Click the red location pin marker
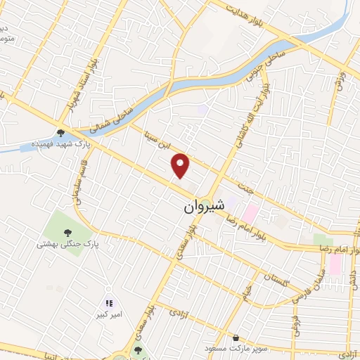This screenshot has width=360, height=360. point(181,165)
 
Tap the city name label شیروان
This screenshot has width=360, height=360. point(204,207)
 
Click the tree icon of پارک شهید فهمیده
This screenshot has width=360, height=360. point(61,131)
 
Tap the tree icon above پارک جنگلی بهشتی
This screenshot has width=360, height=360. point(67,233)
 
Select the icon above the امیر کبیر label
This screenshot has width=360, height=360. point(109,303)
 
